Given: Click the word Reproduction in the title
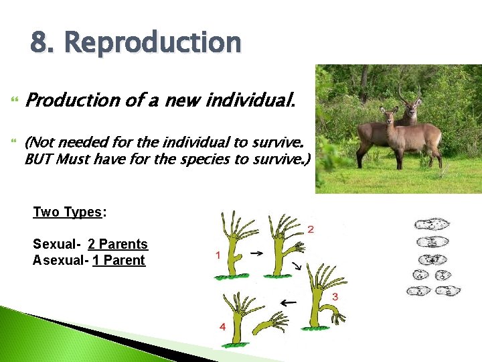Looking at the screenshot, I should coord(153,43).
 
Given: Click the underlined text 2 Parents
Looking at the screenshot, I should coord(118,245).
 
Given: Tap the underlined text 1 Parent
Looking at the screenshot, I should coord(119,260).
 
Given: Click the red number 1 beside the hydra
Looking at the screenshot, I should coord(218,255).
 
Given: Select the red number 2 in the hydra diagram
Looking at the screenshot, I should coord(310,230).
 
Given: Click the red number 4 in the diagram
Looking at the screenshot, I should coord(222,326).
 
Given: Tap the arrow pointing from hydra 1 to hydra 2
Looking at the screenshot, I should coord(256,253).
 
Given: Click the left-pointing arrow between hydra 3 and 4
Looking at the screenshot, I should coord(288,303).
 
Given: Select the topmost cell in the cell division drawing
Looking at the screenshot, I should coord(432,225).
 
